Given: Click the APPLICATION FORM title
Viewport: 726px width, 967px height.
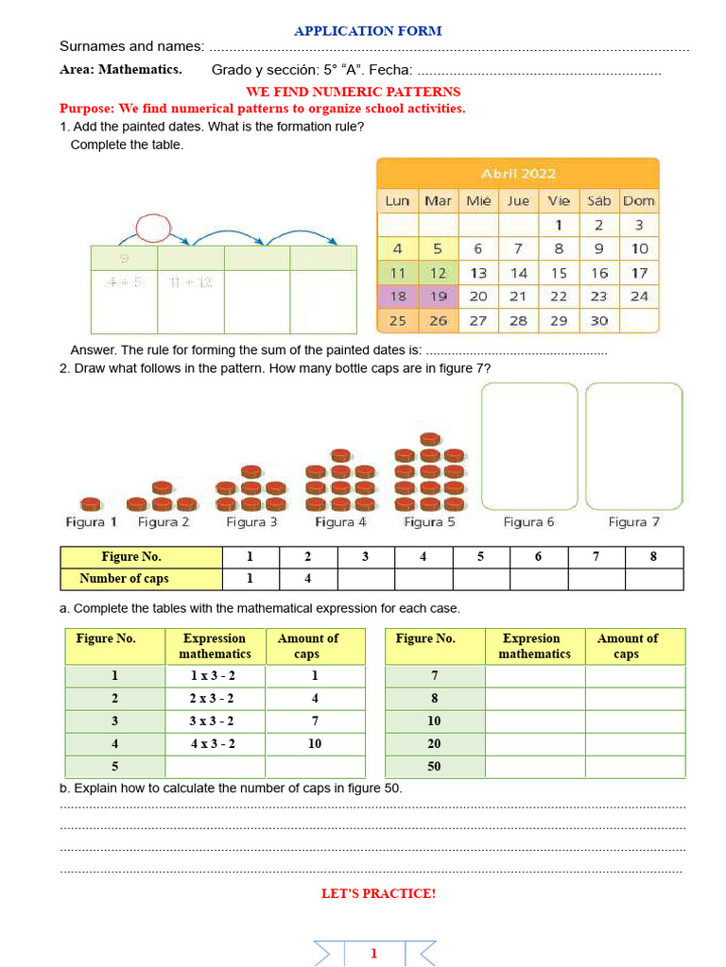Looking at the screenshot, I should click(x=368, y=30).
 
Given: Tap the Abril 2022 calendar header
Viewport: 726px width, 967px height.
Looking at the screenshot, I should click(x=518, y=173).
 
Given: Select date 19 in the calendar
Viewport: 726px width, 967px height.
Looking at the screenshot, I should click(x=438, y=296).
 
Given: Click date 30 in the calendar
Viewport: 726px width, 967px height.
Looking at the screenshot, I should click(x=598, y=320).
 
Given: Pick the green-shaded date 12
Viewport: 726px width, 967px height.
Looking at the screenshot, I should click(x=438, y=272).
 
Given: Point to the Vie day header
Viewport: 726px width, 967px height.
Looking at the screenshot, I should click(x=559, y=200).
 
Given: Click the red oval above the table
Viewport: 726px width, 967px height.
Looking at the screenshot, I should click(x=153, y=228).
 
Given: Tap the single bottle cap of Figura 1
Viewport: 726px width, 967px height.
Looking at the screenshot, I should click(x=91, y=503).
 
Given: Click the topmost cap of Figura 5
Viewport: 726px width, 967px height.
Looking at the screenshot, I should click(x=430, y=439).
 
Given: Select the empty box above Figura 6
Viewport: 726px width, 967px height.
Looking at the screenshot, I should click(x=529, y=446).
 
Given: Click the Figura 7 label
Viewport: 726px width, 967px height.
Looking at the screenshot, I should click(x=633, y=521).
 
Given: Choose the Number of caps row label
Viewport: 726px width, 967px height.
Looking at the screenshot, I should click(x=124, y=578).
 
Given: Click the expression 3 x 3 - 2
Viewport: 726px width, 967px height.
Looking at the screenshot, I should click(x=214, y=721).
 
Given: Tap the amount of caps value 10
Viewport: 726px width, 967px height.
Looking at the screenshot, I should click(x=314, y=743).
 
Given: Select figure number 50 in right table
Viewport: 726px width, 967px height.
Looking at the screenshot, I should click(x=434, y=766).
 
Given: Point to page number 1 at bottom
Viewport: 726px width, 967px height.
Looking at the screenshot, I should click(x=373, y=953).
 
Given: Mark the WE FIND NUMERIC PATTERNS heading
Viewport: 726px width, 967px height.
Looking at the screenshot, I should click(x=353, y=92).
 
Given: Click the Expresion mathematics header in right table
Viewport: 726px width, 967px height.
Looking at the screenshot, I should click(x=534, y=646).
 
